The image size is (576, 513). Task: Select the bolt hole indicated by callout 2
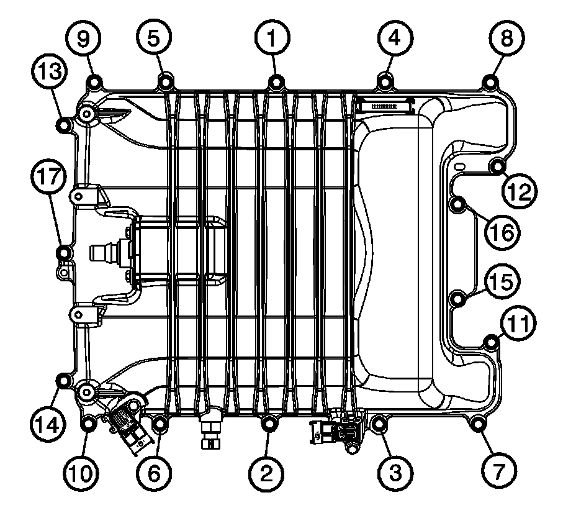(x=270, y=424)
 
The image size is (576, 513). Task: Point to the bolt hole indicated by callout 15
(x=457, y=299)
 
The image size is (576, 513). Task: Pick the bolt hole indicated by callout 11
(x=492, y=341)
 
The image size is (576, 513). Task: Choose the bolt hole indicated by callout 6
(x=161, y=425)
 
